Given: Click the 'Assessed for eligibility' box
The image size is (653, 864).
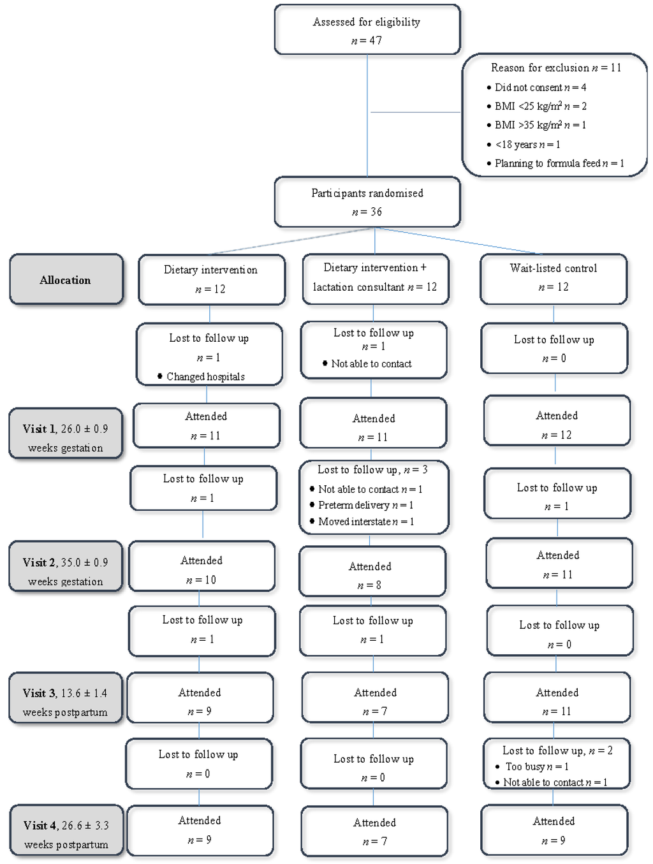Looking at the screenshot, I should click(367, 30).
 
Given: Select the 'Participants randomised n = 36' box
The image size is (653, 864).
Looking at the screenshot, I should click(367, 201).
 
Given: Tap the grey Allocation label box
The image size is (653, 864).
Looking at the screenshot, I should click(66, 280).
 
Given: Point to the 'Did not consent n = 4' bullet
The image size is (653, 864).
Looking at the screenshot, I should click(539, 87).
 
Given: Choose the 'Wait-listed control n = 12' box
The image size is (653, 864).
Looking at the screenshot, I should click(553, 278).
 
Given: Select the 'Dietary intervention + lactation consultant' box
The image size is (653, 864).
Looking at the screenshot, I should click(374, 278).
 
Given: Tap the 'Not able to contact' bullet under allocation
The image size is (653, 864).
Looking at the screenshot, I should click(371, 364).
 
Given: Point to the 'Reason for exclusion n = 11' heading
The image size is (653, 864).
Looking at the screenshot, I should click(555, 68).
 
